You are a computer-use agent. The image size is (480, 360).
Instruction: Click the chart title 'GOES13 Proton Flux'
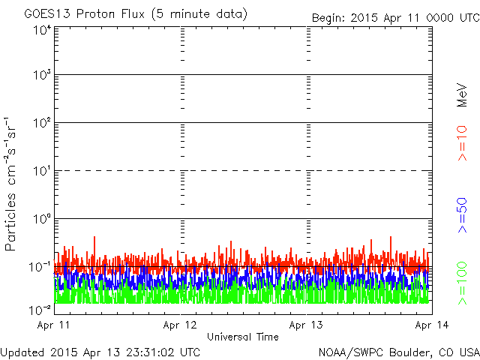pyautogui.click(x=84, y=14)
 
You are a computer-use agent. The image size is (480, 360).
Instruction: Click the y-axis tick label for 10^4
pyautogui.click(x=42, y=31)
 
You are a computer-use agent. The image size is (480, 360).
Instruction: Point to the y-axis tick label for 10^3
pyautogui.click(x=42, y=75)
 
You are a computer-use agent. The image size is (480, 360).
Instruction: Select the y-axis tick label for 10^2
pyautogui.click(x=42, y=123)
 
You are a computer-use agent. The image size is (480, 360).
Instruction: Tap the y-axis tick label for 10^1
pyautogui.click(x=42, y=171)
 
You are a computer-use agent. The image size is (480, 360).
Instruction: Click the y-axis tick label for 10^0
pyautogui.click(x=42, y=219)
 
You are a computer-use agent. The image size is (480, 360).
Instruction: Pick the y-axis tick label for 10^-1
pyautogui.click(x=40, y=267)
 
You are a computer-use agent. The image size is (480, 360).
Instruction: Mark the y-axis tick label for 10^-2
pyautogui.click(x=40, y=310)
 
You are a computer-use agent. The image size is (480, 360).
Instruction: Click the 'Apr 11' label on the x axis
pyautogui.click(x=53, y=325)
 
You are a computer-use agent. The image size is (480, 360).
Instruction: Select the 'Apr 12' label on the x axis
pyautogui.click(x=180, y=325)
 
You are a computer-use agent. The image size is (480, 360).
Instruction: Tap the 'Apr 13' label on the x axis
pyautogui.click(x=306, y=325)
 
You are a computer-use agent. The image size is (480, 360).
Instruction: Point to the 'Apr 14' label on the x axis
pyautogui.click(x=432, y=325)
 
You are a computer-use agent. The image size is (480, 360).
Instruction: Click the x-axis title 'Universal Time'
pyautogui.click(x=243, y=337)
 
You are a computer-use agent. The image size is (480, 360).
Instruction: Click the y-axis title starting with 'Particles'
pyautogui.click(x=10, y=184)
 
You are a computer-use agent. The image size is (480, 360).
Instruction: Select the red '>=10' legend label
pyautogui.click(x=462, y=143)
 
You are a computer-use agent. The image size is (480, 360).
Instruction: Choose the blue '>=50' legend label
pyautogui.click(x=462, y=215)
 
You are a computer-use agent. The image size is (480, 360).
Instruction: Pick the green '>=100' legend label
pyautogui.click(x=462, y=283)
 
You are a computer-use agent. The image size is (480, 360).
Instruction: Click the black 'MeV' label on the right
pyautogui.click(x=462, y=95)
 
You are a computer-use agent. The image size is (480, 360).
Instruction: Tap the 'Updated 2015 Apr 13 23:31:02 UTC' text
pyautogui.click(x=100, y=352)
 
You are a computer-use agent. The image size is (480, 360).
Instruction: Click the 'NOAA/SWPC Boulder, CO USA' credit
pyautogui.click(x=399, y=352)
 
